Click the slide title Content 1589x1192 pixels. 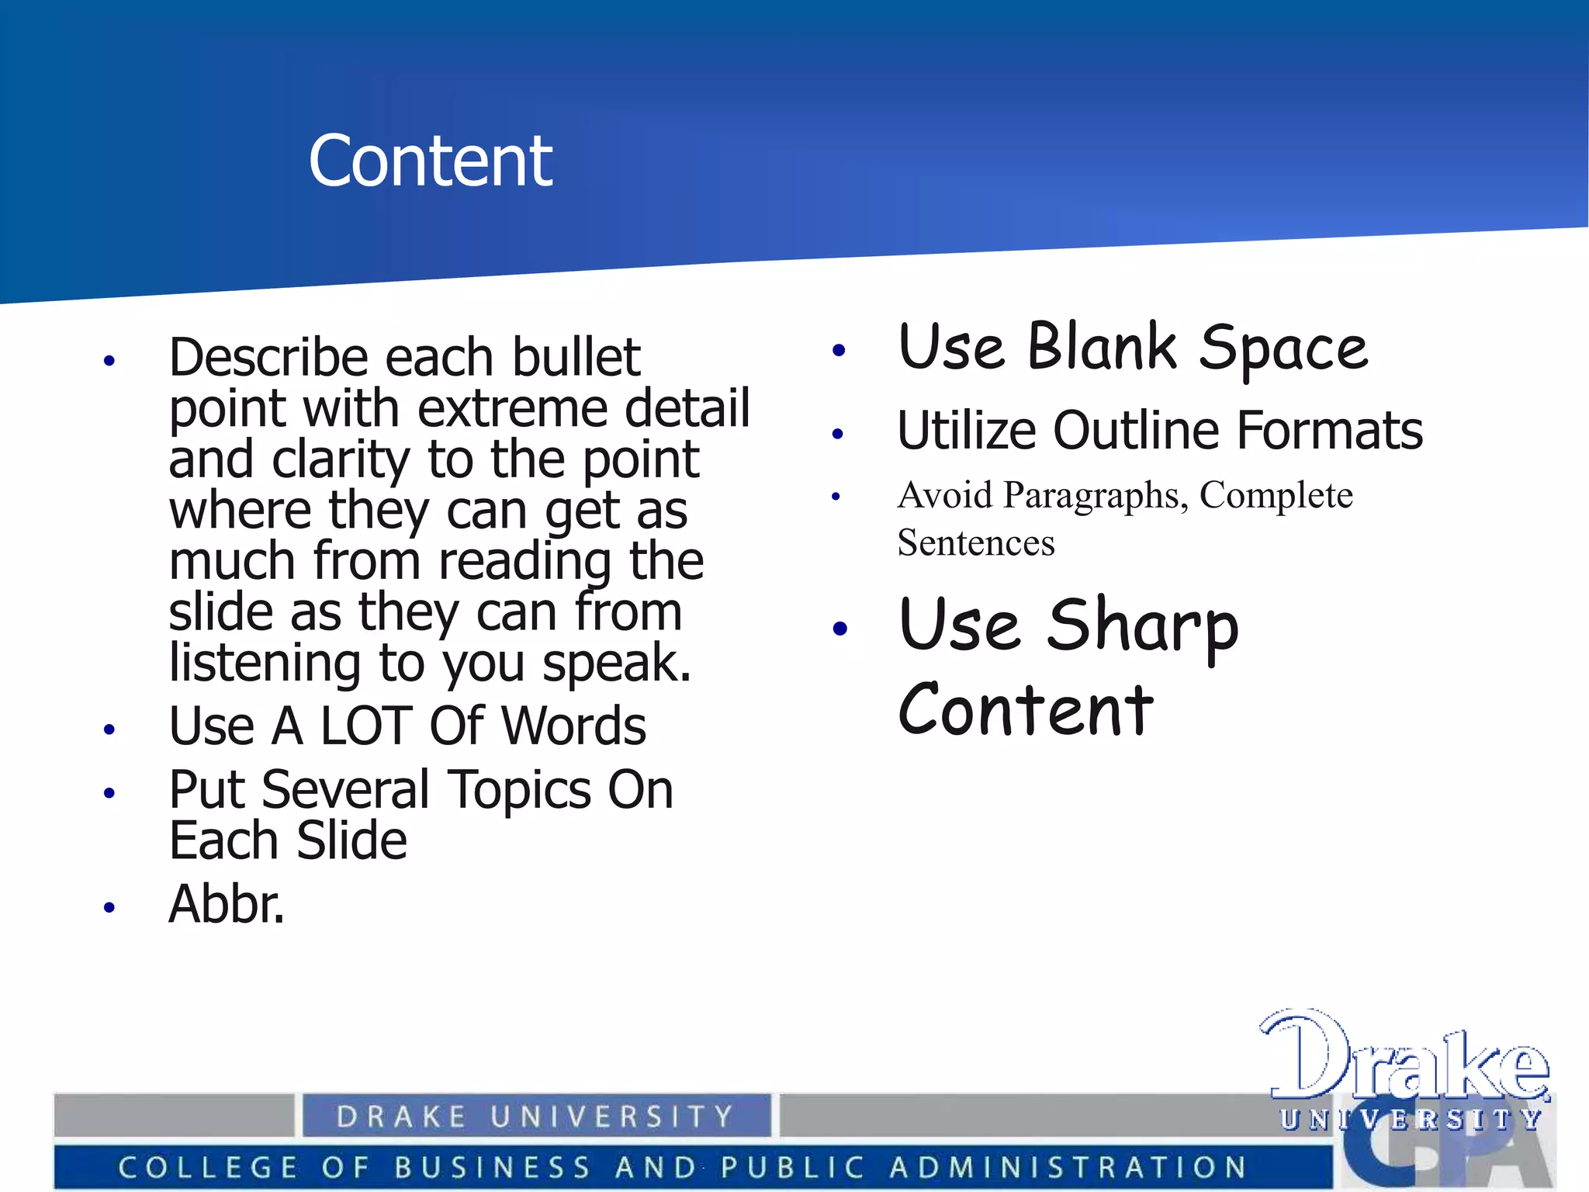[x=430, y=161]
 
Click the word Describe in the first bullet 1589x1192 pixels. [x=267, y=358]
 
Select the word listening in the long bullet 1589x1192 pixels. [x=265, y=664]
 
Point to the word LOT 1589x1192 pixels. [x=365, y=727]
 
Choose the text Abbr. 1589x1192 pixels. [x=227, y=905]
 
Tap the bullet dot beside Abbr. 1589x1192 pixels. [x=109, y=907]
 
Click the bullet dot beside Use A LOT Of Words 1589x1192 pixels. [x=109, y=729]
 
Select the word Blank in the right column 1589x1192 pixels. [x=1103, y=347]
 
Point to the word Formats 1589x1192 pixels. [x=1330, y=431]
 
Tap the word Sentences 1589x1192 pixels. [x=976, y=542]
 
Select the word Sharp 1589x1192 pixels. [x=1143, y=627]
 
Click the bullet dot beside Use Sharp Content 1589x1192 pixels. [x=840, y=628]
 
